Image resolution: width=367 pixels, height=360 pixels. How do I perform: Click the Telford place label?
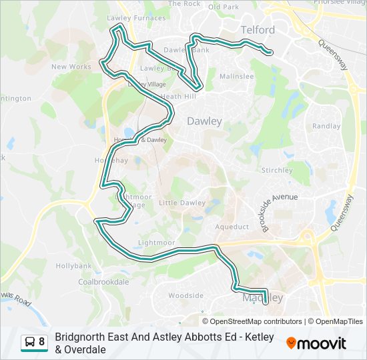click(x=257, y=30)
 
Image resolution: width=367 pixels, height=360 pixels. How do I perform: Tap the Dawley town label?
click(x=204, y=121)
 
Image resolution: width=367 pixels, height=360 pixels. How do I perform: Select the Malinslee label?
click(x=236, y=77)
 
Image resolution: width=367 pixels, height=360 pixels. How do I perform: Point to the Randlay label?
click(x=326, y=126)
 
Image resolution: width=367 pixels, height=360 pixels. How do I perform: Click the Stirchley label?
click(x=277, y=171)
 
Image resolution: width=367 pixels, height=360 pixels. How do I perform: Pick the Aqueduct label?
click(x=232, y=227)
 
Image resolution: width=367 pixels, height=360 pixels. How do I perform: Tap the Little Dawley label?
click(x=182, y=203)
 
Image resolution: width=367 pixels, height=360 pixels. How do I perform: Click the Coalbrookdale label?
click(x=103, y=282)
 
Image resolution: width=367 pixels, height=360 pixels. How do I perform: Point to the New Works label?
click(x=71, y=67)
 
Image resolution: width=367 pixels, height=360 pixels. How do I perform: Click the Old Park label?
click(x=223, y=7)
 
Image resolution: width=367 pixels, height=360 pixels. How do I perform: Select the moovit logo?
click(x=316, y=343)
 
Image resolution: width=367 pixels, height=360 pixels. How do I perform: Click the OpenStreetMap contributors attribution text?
click(x=253, y=321)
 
